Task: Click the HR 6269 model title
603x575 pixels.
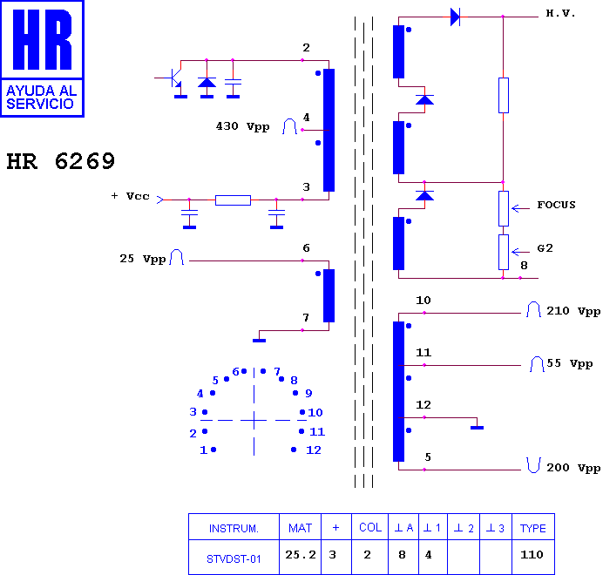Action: click(x=60, y=161)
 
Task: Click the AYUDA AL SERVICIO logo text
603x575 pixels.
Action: click(x=41, y=98)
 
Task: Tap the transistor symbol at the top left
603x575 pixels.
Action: click(x=175, y=78)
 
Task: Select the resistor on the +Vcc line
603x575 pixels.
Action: click(x=233, y=200)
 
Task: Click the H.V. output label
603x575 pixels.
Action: click(x=560, y=13)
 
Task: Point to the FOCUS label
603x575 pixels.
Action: click(x=556, y=205)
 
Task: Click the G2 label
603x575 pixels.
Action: click(x=545, y=248)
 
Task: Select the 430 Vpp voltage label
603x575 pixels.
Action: click(x=242, y=126)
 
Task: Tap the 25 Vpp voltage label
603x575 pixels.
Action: click(x=143, y=259)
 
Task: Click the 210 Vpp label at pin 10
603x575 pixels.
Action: click(x=573, y=311)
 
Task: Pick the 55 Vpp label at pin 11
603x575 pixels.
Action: click(x=570, y=363)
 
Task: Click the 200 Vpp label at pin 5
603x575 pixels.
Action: click(x=573, y=468)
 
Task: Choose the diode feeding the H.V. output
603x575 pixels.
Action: click(x=456, y=17)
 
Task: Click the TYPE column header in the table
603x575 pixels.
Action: click(x=533, y=528)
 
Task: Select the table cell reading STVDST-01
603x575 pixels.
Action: click(x=234, y=558)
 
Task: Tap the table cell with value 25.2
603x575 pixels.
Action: click(x=301, y=555)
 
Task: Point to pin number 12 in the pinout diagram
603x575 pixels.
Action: click(x=314, y=450)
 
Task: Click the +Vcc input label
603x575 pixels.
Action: click(x=131, y=196)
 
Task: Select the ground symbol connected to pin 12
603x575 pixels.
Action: click(x=477, y=427)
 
